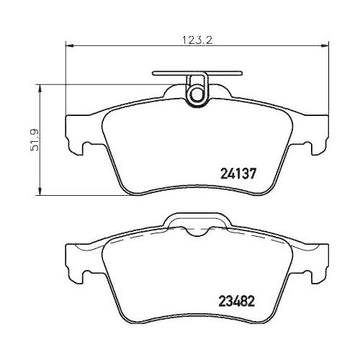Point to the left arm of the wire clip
(x=168, y=73)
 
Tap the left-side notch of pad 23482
(x=84, y=274)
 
